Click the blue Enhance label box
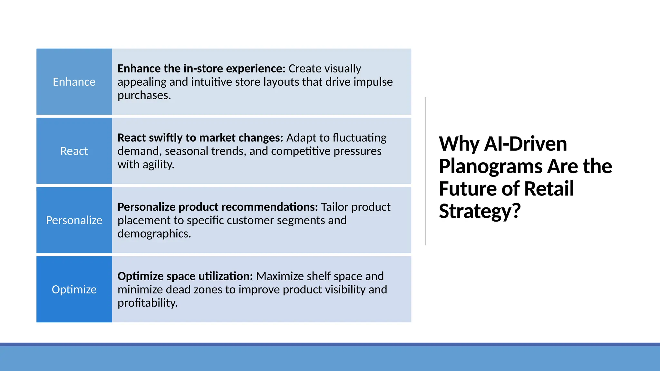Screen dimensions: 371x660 point(74,82)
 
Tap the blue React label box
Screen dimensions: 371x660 point(74,151)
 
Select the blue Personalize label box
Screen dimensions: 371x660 point(74,220)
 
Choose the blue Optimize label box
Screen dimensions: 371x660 point(74,290)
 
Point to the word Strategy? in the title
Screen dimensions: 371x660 point(480,211)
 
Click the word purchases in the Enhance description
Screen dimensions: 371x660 point(143,96)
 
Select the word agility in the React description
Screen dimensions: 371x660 point(158,165)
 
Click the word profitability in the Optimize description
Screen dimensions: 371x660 point(147,303)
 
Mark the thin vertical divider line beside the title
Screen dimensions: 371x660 point(425,171)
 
